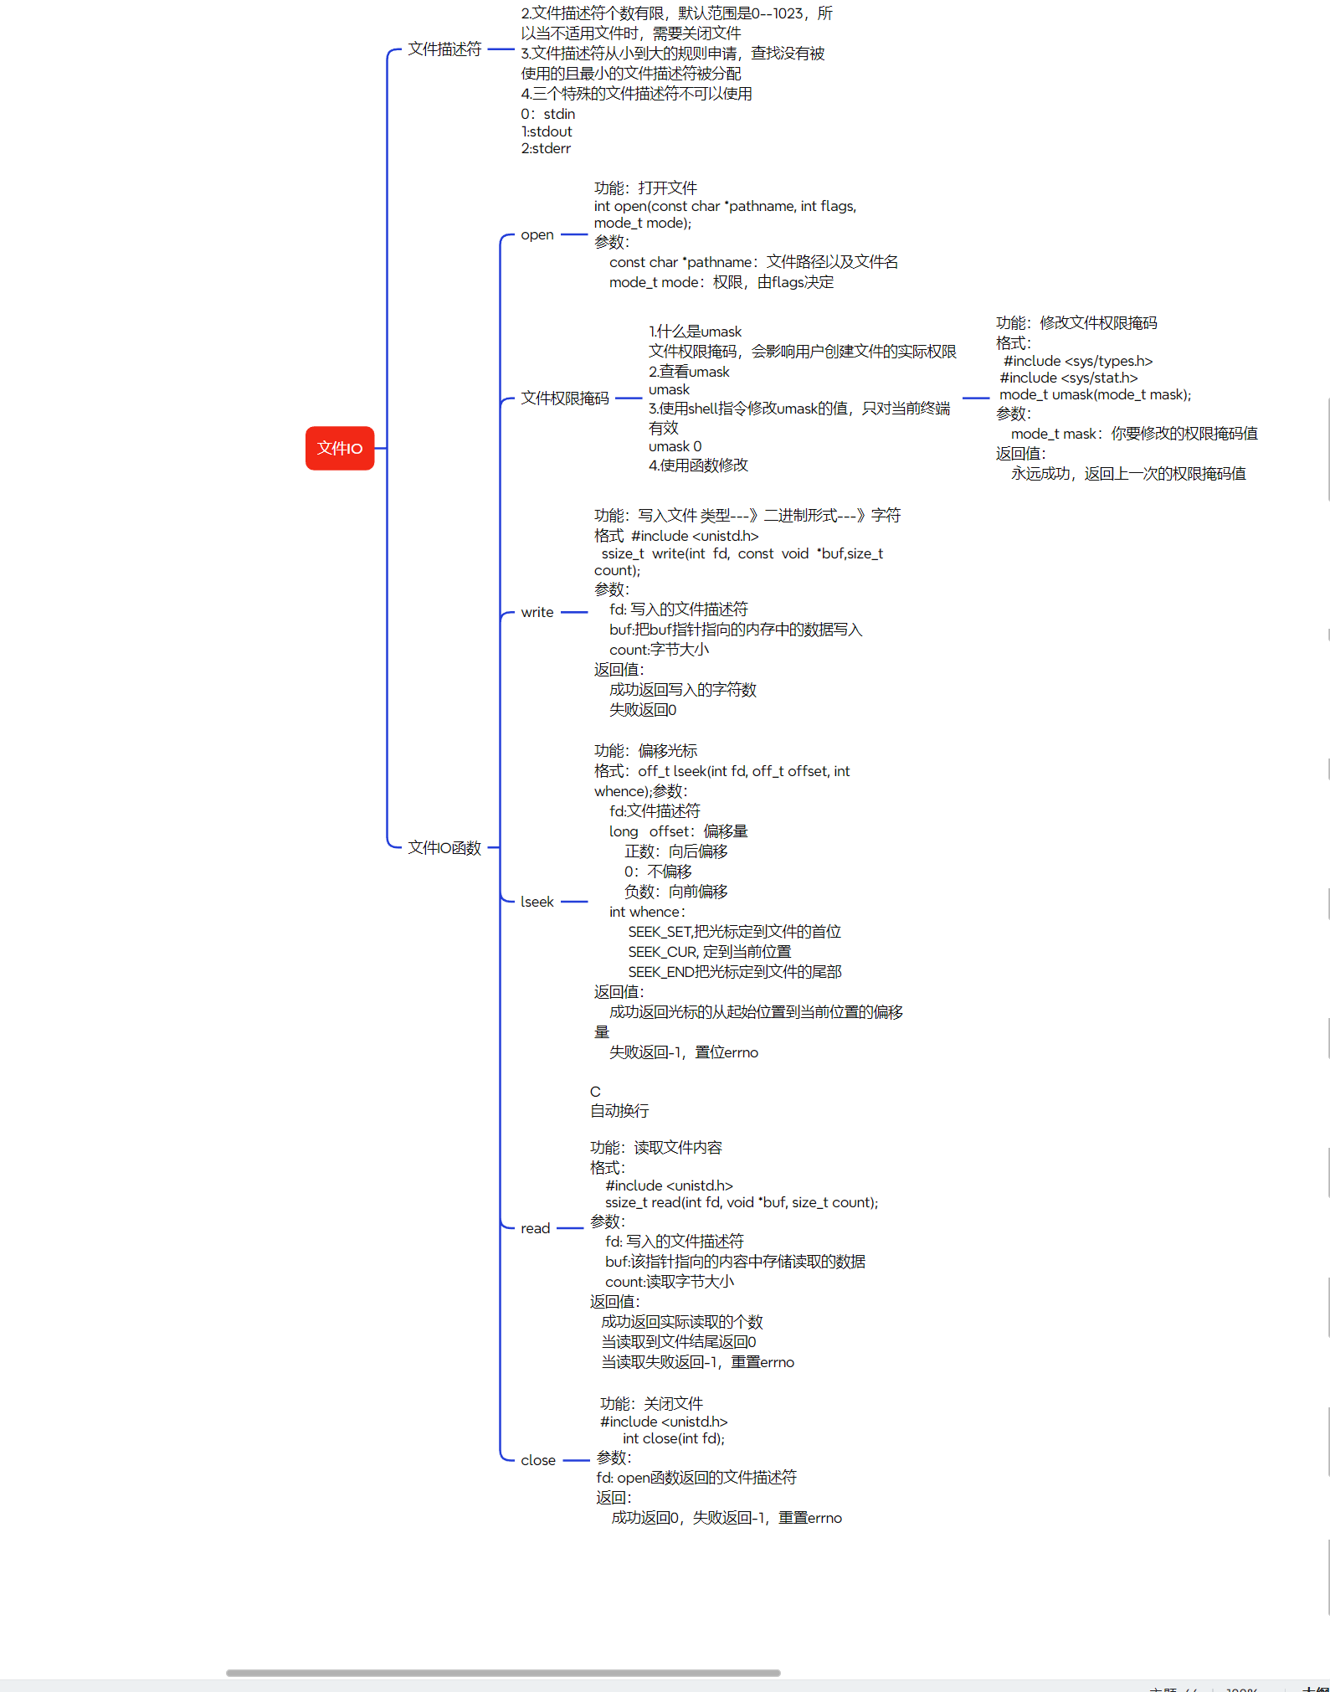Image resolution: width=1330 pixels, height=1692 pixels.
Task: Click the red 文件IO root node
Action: point(339,448)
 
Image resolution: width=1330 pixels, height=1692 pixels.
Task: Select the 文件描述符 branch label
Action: point(444,49)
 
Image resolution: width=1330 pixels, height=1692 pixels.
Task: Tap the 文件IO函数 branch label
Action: point(444,848)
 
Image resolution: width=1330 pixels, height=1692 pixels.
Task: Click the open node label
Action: point(537,234)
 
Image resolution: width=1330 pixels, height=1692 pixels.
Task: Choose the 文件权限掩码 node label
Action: point(565,399)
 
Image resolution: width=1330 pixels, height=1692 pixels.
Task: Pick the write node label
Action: point(537,612)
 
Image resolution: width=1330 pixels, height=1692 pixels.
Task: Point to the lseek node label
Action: point(537,902)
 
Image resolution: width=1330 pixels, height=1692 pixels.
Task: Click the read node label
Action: point(535,1228)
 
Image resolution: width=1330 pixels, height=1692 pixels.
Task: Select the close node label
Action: point(537,1460)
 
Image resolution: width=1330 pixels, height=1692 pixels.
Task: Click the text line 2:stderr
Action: point(546,148)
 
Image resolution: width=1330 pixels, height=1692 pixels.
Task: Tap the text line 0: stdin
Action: point(547,114)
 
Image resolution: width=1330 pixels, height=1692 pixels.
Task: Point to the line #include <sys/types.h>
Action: point(1078,361)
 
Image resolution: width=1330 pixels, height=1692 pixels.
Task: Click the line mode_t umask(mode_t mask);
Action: point(1095,394)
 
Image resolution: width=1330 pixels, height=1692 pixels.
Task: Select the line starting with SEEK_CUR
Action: point(709,952)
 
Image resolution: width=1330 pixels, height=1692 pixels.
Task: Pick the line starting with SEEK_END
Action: point(734,972)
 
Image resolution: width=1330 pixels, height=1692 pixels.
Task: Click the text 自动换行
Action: point(619,1111)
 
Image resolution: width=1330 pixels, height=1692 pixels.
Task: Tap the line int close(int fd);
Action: point(673,1438)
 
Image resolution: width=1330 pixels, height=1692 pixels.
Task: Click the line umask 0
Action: point(675,446)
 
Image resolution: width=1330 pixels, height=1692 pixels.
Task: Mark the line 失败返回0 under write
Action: point(642,710)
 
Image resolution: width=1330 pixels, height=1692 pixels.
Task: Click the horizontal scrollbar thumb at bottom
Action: point(502,1673)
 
